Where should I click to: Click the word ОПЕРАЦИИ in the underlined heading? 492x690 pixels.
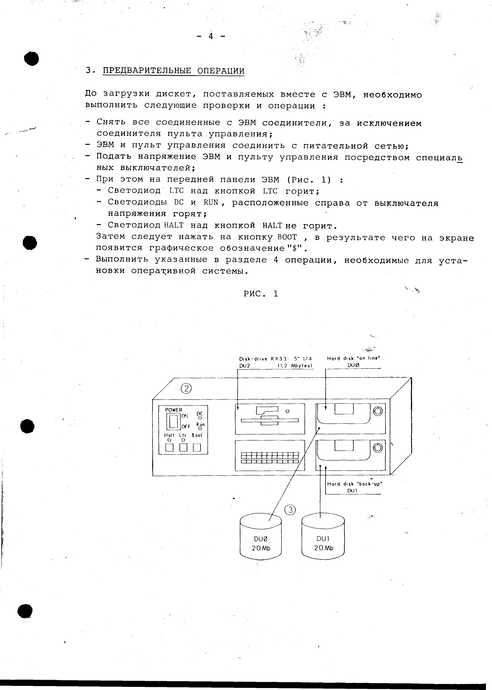[x=221, y=71]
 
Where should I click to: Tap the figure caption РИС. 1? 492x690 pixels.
[x=261, y=294]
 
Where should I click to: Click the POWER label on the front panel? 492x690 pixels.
[x=174, y=410]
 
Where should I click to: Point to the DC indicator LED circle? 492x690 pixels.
[x=200, y=418]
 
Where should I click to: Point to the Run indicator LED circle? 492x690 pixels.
[x=200, y=429]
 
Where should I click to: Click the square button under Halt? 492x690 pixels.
[x=169, y=447]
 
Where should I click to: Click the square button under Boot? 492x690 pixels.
[x=197, y=447]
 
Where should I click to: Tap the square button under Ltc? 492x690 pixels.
[x=183, y=447]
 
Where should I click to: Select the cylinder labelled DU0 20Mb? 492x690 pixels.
[x=261, y=537]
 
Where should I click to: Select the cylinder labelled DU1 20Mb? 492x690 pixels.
[x=323, y=537]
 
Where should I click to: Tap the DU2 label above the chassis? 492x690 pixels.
[x=245, y=366]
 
